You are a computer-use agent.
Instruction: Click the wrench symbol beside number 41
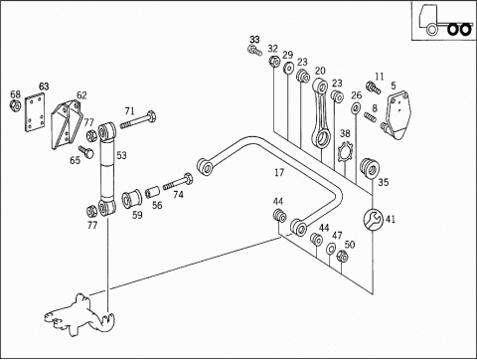(x=373, y=219)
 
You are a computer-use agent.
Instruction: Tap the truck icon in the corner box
(x=444, y=21)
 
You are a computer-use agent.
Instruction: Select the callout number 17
(x=279, y=172)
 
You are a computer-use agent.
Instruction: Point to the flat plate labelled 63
(x=35, y=112)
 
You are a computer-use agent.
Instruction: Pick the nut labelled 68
(x=15, y=105)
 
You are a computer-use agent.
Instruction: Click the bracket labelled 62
(x=67, y=123)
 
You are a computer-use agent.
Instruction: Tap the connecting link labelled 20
(x=320, y=112)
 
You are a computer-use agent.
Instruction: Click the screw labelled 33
(x=254, y=51)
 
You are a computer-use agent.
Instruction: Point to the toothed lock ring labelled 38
(x=346, y=152)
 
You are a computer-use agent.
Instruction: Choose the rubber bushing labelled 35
(x=369, y=168)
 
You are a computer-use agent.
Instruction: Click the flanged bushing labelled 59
(x=131, y=199)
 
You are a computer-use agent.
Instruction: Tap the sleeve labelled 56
(x=152, y=192)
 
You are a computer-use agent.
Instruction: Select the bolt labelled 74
(x=178, y=182)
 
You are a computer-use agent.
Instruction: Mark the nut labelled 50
(x=342, y=257)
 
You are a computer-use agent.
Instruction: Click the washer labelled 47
(x=330, y=249)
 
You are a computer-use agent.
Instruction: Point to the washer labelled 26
(x=356, y=108)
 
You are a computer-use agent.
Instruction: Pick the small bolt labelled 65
(x=85, y=151)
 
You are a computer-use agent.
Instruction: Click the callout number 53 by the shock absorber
(x=121, y=155)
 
